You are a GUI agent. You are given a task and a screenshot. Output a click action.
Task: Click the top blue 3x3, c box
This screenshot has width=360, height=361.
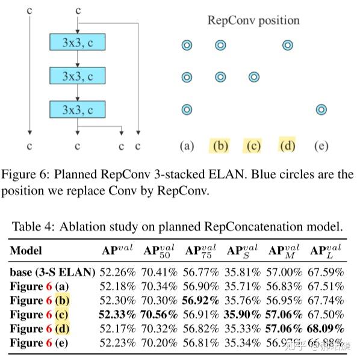coord(77,42)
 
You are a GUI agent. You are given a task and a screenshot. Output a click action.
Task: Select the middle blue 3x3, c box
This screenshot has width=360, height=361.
coord(77,76)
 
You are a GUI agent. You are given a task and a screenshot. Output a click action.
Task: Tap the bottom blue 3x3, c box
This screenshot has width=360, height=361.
coord(77,110)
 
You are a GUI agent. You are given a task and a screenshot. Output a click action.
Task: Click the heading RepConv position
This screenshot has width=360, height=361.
coord(253,20)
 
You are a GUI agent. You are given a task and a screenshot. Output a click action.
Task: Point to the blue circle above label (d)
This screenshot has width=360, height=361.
coord(288,45)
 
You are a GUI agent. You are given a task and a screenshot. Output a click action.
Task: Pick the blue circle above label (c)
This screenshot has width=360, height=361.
coord(254,77)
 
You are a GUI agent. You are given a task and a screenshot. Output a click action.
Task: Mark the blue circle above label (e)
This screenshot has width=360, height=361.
coord(321,110)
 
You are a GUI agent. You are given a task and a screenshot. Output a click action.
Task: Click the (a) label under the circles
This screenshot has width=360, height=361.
coord(187,146)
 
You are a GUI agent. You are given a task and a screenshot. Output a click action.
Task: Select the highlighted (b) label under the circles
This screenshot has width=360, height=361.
coord(220,146)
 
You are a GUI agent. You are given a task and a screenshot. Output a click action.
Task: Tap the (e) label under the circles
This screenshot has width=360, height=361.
coord(321,146)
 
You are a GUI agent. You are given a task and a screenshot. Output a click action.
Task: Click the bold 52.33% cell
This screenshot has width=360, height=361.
coord(118,315)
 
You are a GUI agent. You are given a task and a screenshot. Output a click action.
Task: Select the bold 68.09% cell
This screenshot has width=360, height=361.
coord(327,329)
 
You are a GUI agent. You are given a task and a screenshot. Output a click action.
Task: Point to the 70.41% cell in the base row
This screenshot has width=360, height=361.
coord(159,272)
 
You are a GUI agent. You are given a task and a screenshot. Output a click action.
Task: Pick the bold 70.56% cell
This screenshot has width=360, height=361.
coord(159,315)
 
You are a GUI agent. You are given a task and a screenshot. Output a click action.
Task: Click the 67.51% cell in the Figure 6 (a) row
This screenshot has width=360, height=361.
coord(327,286)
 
